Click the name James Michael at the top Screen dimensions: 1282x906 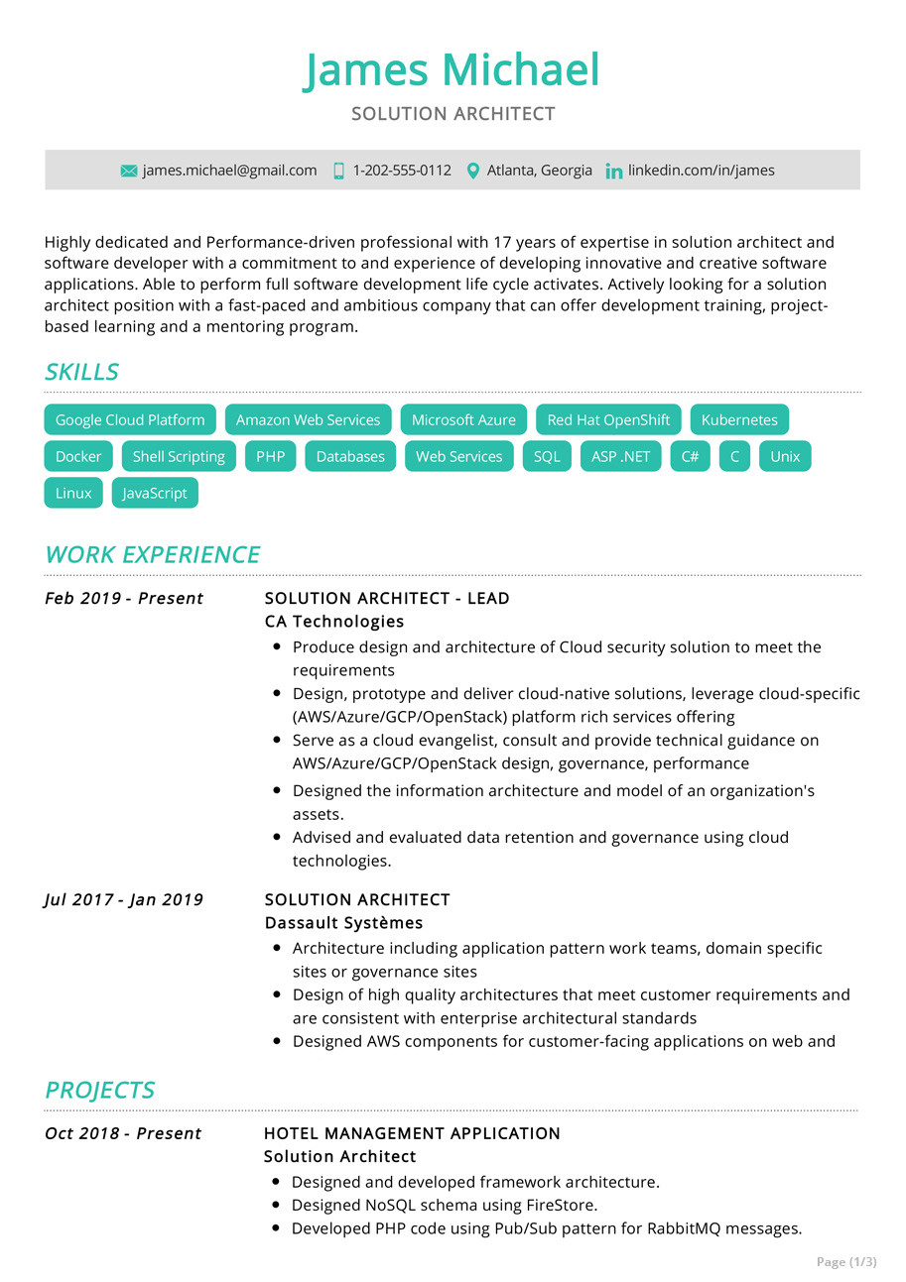[x=452, y=71]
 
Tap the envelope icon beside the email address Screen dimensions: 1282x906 [x=129, y=171]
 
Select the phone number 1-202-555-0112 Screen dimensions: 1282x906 [x=401, y=171]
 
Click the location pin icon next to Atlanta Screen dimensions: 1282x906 [x=472, y=171]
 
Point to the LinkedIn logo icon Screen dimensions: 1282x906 [x=614, y=172]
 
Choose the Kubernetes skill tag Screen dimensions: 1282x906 [x=739, y=419]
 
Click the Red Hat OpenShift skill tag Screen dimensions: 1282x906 [x=608, y=419]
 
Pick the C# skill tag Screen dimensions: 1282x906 [x=690, y=456]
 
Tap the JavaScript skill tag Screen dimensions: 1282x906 [x=155, y=493]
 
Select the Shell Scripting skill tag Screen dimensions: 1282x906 [x=179, y=456]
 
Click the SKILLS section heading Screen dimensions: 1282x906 [x=81, y=372]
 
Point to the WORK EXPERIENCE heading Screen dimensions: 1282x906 [x=152, y=554]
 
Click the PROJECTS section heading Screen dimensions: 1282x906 [x=99, y=1090]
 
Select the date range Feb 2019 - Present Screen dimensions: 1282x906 [x=124, y=598]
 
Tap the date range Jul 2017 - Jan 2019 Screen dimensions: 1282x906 [x=124, y=899]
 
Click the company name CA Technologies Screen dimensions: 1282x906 [x=334, y=622]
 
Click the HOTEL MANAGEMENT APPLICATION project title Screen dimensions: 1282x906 [x=412, y=1133]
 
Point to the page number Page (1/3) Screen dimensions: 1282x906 [x=846, y=1262]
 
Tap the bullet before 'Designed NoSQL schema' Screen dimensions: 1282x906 [x=276, y=1206]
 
